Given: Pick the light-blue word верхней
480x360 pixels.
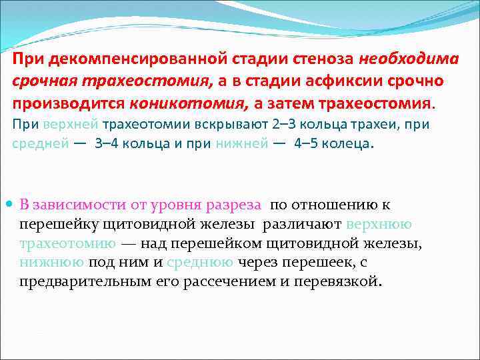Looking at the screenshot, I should pyautogui.click(x=71, y=125).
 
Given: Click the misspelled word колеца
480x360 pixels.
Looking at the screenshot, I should pyautogui.click(x=349, y=145).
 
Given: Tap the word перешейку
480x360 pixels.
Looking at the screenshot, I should pyautogui.click(x=53, y=224).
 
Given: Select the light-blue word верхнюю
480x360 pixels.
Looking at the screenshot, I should pyautogui.click(x=382, y=224).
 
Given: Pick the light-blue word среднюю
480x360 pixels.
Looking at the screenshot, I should pyautogui.click(x=201, y=263).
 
